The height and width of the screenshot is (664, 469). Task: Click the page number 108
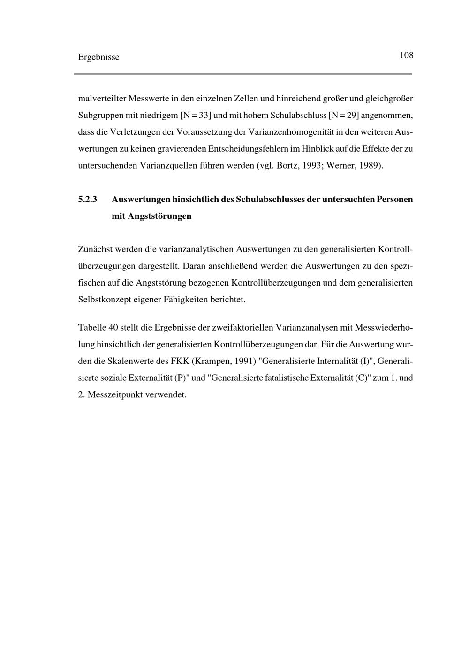pos(406,55)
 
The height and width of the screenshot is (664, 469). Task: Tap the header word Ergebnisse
pos(98,57)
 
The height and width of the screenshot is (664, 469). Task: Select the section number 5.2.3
pos(87,199)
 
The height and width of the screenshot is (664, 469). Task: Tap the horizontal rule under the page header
pos(243,74)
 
